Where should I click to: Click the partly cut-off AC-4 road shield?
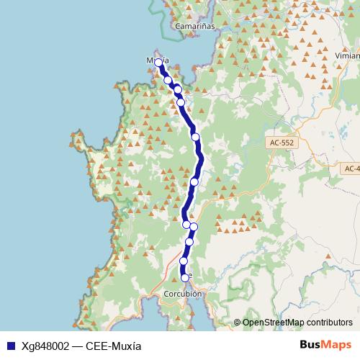click(351, 168)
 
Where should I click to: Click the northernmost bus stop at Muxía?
click(158, 63)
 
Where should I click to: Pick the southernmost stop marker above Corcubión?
click(185, 277)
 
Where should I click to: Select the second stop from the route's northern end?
click(168, 80)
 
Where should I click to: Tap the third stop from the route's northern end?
click(177, 89)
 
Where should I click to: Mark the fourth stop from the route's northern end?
click(181, 102)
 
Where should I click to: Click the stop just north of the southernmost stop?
click(184, 261)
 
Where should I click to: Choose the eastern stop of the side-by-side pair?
click(194, 227)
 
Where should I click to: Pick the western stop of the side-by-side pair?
click(186, 225)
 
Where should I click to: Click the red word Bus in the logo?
click(310, 344)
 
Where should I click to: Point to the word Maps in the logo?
click(337, 344)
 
